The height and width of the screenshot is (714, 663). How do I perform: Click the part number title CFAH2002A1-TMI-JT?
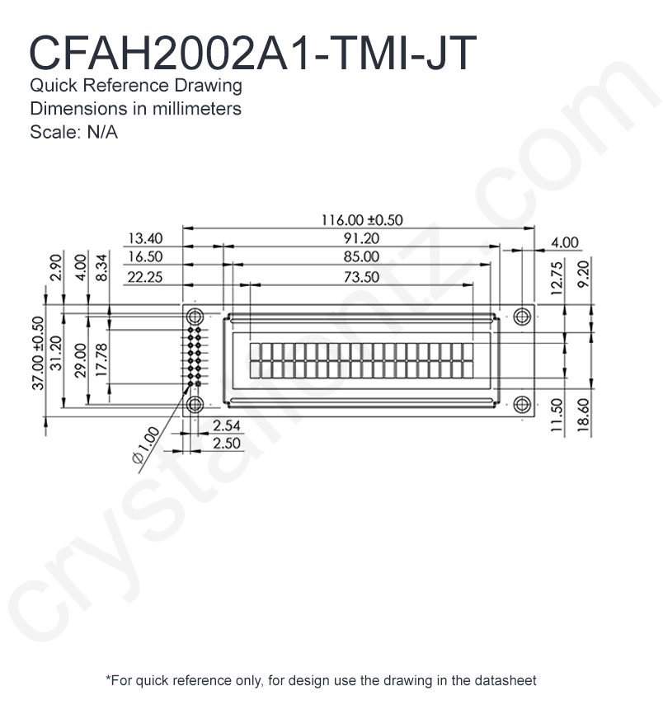tap(252, 54)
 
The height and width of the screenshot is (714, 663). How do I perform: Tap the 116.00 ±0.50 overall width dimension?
tap(362, 220)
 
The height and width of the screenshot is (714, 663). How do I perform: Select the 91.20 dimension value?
tap(361, 238)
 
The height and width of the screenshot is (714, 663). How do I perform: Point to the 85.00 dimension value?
tap(361, 256)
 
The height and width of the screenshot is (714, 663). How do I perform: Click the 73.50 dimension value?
tap(361, 277)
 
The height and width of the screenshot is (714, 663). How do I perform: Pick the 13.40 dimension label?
tap(145, 238)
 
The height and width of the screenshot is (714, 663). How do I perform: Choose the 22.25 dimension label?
tap(145, 277)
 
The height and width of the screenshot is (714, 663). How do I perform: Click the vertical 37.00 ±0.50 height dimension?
tap(38, 354)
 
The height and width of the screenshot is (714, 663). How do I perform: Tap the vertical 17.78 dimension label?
tap(101, 359)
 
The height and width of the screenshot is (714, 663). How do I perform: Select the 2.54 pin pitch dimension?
tap(226, 425)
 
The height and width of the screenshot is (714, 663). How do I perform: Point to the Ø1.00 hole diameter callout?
tap(146, 445)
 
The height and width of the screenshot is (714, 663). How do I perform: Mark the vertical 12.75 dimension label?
tap(557, 278)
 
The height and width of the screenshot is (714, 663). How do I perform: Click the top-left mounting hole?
tap(195, 316)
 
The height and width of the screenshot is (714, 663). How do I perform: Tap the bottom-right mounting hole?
tap(522, 404)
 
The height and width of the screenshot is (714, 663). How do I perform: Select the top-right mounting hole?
tap(522, 316)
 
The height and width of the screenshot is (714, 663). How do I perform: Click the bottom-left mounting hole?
tap(195, 404)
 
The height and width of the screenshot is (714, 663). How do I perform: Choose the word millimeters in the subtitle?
tap(197, 109)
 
